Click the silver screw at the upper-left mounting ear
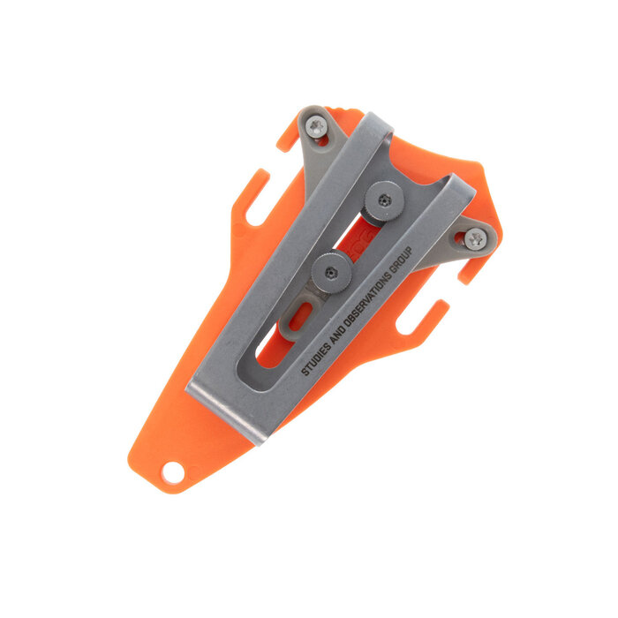317,128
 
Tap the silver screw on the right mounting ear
475,238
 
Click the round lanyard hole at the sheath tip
173,472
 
